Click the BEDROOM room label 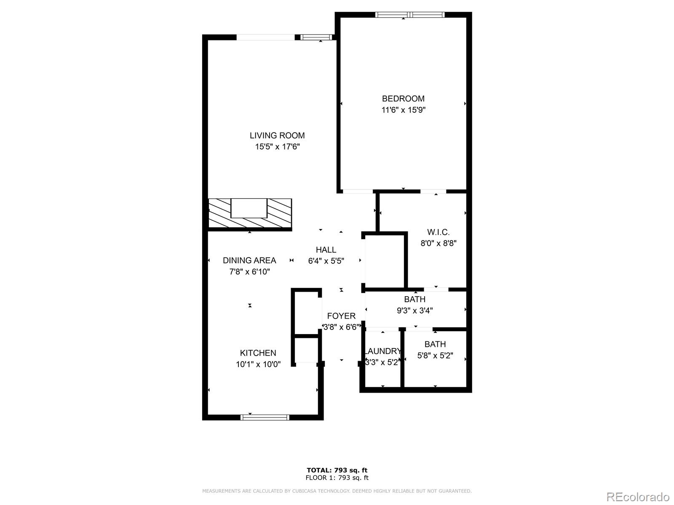[403, 99]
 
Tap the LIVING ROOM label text [277, 136]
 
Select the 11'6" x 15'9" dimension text [403, 110]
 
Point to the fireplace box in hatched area [249, 208]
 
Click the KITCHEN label [258, 353]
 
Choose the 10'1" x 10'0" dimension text [258, 364]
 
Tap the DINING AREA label [249, 260]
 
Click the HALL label [326, 250]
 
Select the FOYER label [341, 316]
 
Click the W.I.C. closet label [438, 232]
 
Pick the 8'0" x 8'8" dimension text [438, 243]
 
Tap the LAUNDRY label [382, 351]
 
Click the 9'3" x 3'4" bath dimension [415, 311]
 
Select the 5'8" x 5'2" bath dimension [435, 356]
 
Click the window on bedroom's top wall [410, 15]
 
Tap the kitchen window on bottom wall [265, 417]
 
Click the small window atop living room [316, 37]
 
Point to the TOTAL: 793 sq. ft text [337, 470]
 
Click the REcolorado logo [638, 497]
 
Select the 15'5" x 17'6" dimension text [277, 147]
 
